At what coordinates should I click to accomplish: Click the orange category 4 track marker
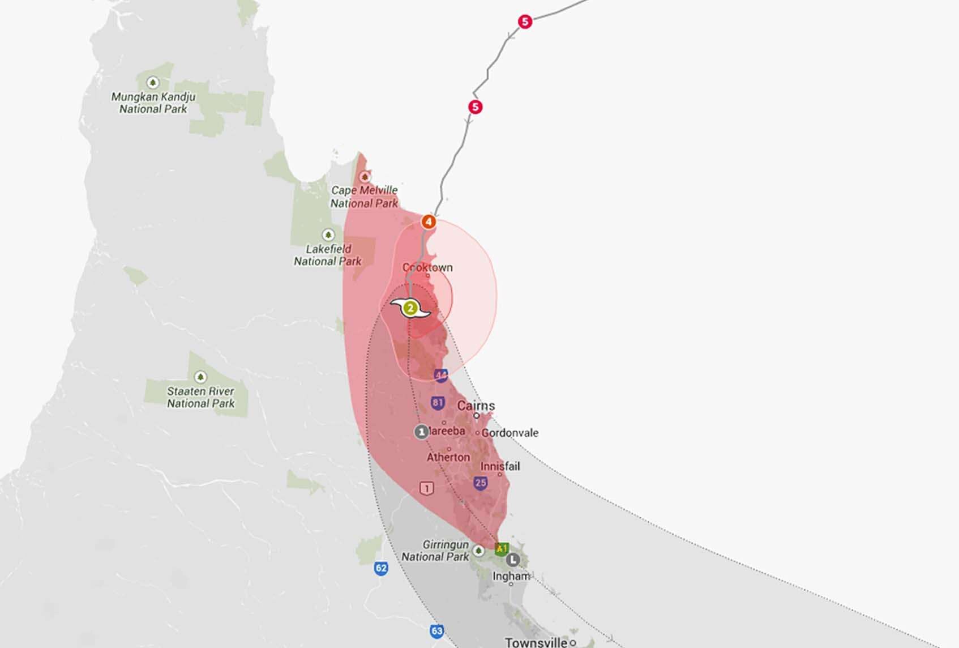click(429, 221)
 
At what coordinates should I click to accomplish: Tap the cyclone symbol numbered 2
click(410, 309)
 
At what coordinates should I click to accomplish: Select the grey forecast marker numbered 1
click(421, 432)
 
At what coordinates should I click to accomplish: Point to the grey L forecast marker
click(512, 560)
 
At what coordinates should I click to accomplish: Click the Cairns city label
click(476, 406)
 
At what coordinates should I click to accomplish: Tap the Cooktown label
click(427, 267)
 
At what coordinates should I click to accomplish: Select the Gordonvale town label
click(510, 433)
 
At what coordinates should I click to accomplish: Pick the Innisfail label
click(500, 466)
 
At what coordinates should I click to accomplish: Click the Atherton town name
click(448, 457)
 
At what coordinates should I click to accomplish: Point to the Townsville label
click(536, 642)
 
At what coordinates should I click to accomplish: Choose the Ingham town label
click(511, 576)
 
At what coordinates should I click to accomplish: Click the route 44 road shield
click(441, 375)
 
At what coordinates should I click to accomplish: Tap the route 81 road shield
click(438, 403)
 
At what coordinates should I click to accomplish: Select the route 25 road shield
click(481, 483)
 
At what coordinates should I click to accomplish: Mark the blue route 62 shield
click(381, 568)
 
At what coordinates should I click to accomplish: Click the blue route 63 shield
click(436, 631)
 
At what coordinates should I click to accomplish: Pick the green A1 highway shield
click(501, 548)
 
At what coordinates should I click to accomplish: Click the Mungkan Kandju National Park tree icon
click(152, 83)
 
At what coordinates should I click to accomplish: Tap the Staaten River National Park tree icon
click(200, 377)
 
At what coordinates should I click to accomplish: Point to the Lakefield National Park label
click(328, 255)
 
